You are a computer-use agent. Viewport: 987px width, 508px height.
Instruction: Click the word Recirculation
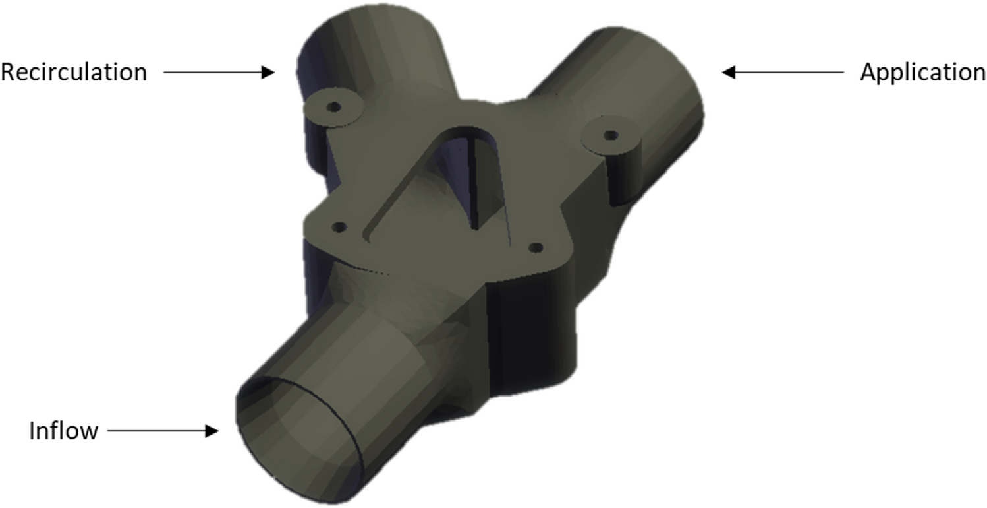74,72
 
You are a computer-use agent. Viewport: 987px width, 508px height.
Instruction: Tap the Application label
922,72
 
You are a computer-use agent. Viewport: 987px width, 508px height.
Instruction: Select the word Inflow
64,431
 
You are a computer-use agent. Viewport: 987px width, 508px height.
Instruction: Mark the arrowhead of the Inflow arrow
211,431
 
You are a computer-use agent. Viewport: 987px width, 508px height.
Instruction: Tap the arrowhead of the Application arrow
728,72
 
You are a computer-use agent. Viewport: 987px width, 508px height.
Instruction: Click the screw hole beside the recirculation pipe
334,106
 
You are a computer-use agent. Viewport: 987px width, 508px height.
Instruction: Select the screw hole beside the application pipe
611,135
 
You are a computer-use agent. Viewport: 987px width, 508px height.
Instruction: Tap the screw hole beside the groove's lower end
339,227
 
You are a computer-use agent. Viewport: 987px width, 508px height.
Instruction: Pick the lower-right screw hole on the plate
536,247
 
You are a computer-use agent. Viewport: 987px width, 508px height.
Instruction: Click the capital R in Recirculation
9,72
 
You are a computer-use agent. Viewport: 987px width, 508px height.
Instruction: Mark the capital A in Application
868,72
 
